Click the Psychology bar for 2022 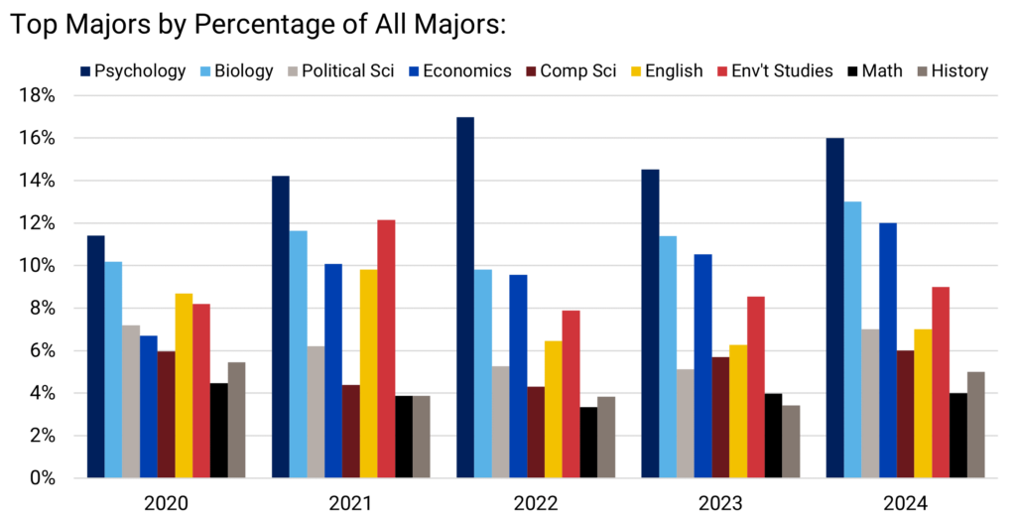465,298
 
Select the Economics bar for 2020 148,407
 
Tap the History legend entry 957,70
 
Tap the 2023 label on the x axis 719,503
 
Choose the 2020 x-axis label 166,503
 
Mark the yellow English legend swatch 636,70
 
